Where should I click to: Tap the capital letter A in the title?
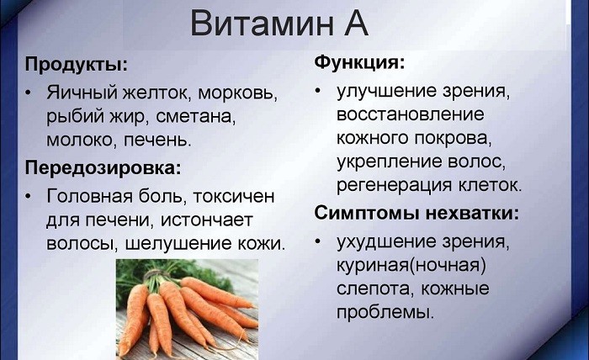pyautogui.click(x=353, y=24)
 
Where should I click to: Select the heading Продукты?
pyautogui.click(x=76, y=65)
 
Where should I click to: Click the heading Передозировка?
pyautogui.click(x=103, y=167)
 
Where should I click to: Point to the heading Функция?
pyautogui.click(x=359, y=63)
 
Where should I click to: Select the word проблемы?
pyautogui.click(x=385, y=312)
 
